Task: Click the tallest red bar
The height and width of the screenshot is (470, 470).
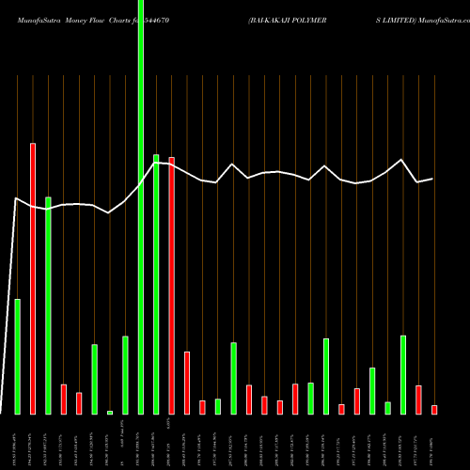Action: click(x=33, y=278)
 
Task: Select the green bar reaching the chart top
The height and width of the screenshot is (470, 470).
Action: click(x=141, y=207)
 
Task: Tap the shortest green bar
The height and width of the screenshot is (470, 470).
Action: click(x=110, y=412)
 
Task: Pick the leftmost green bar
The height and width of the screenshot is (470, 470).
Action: click(x=17, y=356)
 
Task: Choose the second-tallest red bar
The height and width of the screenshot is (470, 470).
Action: click(x=172, y=285)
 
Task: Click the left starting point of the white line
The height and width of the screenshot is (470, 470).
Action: click(x=17, y=198)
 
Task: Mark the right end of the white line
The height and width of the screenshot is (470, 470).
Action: click(x=432, y=179)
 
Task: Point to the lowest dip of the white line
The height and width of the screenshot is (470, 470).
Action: click(x=110, y=213)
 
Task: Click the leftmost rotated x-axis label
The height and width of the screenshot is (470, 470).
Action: click(x=17, y=442)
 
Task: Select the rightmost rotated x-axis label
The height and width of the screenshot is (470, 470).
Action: click(x=434, y=442)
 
